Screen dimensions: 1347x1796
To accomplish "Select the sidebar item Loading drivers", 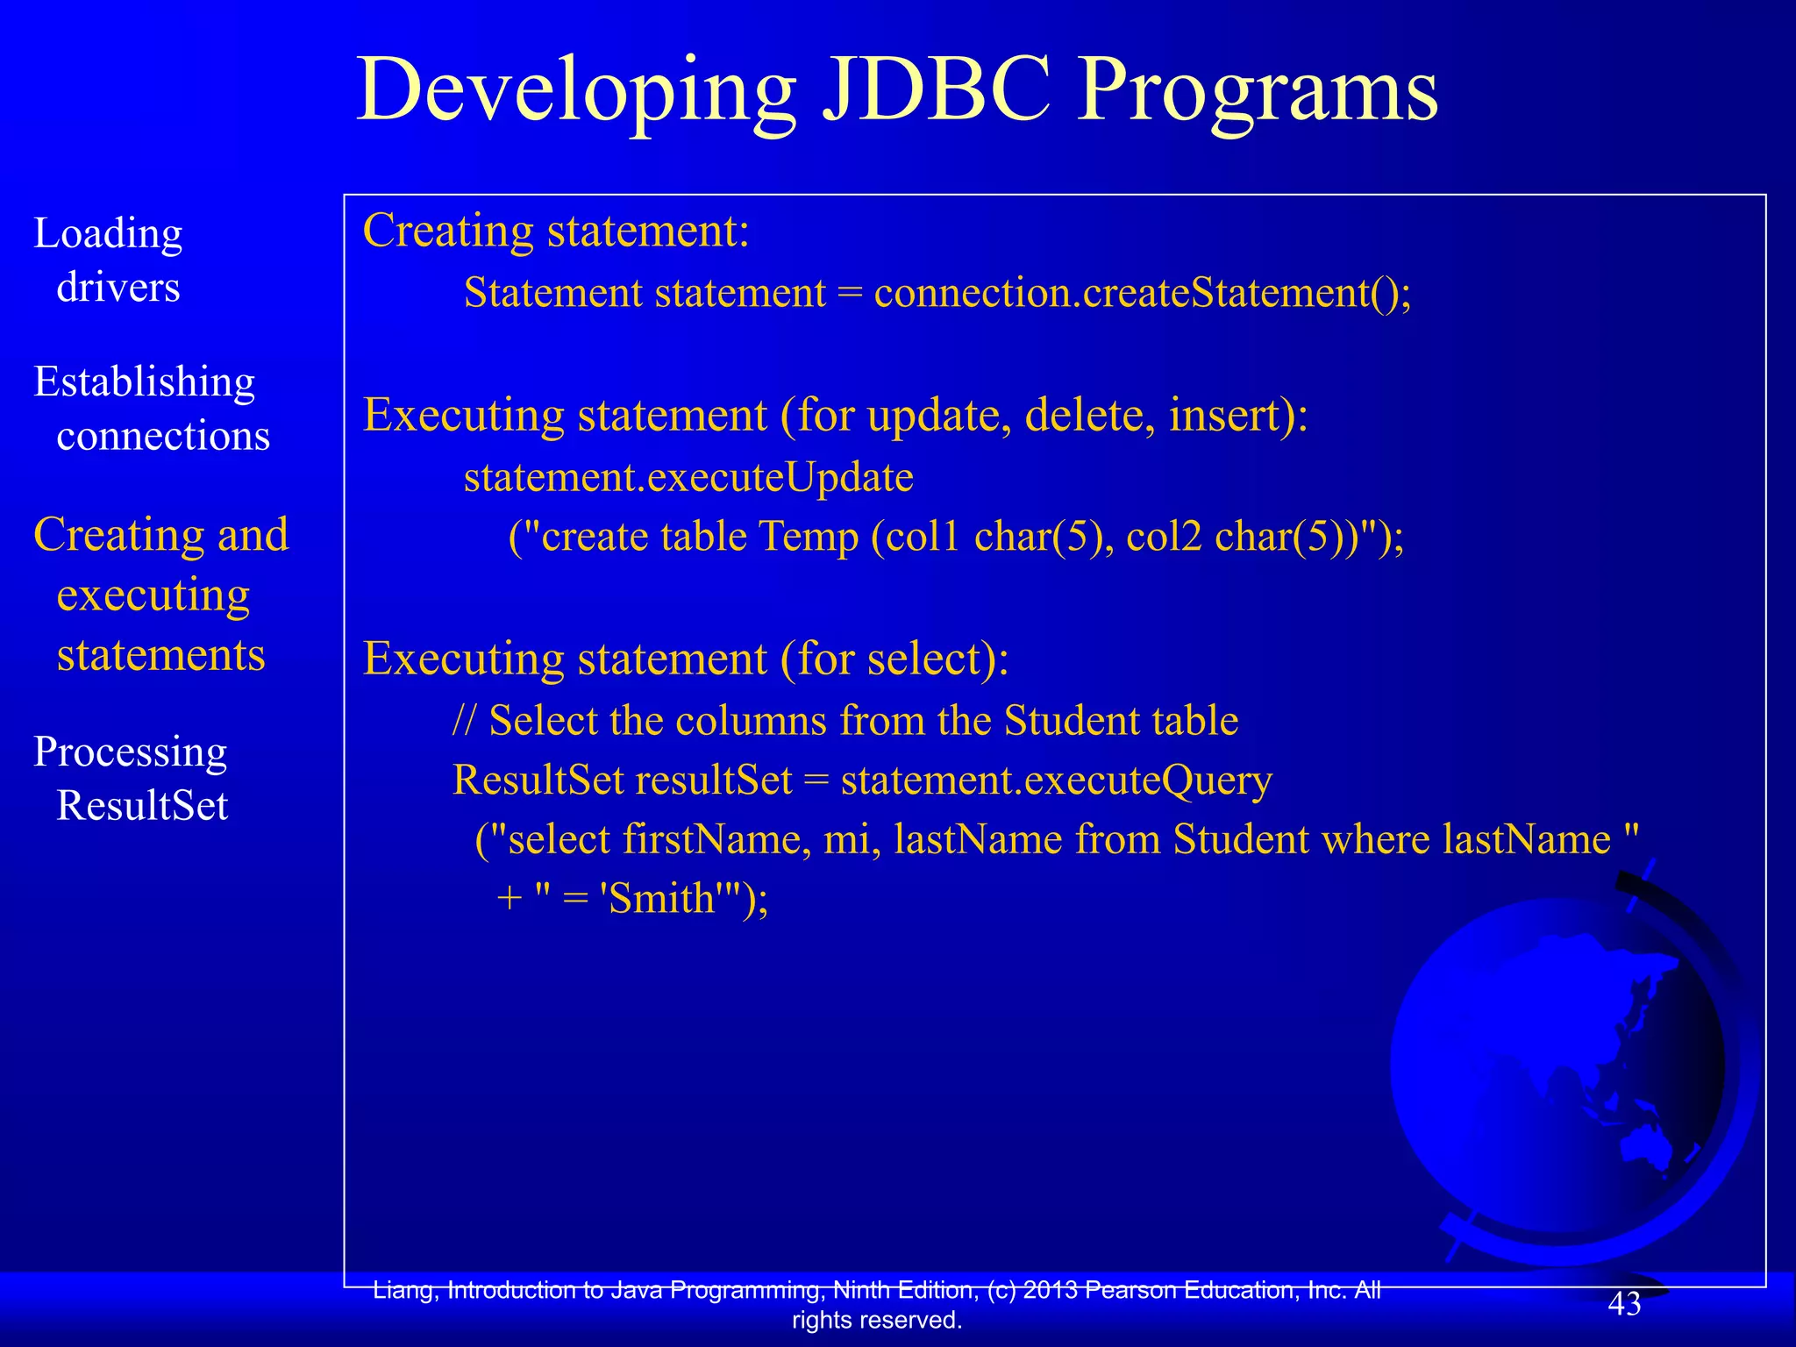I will pyautogui.click(x=108, y=260).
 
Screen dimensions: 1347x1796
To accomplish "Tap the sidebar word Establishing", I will pyautogui.click(x=145, y=381).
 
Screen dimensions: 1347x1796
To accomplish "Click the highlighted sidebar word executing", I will pyautogui.click(x=153, y=595).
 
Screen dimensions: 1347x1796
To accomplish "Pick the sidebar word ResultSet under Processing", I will pyautogui.click(x=142, y=805).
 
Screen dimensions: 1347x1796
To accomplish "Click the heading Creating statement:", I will pyautogui.click(x=556, y=232).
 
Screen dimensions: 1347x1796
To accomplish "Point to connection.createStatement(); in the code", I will pyautogui.click(x=1143, y=293).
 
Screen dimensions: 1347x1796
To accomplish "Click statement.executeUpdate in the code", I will pyautogui.click(x=688, y=478).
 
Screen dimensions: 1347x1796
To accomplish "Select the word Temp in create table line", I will pyautogui.click(x=808, y=537).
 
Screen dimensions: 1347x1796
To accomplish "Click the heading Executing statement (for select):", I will pyautogui.click(x=686, y=659).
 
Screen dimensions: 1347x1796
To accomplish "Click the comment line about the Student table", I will pyautogui.click(x=845, y=721).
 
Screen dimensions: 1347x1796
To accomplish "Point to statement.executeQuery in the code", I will pyautogui.click(x=1056, y=780).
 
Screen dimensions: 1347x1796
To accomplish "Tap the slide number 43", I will pyautogui.click(x=1623, y=1304).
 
